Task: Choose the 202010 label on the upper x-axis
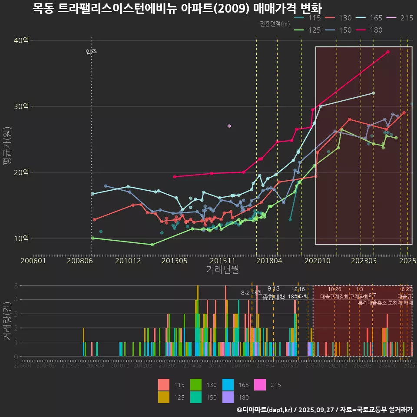(316, 261)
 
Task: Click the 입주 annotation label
(91, 53)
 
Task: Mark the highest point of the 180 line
(388, 52)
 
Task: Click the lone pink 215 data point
(229, 126)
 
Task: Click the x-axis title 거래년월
(222, 270)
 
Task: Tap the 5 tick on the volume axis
(16, 286)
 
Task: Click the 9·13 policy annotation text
(274, 289)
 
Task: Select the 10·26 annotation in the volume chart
(334, 289)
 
